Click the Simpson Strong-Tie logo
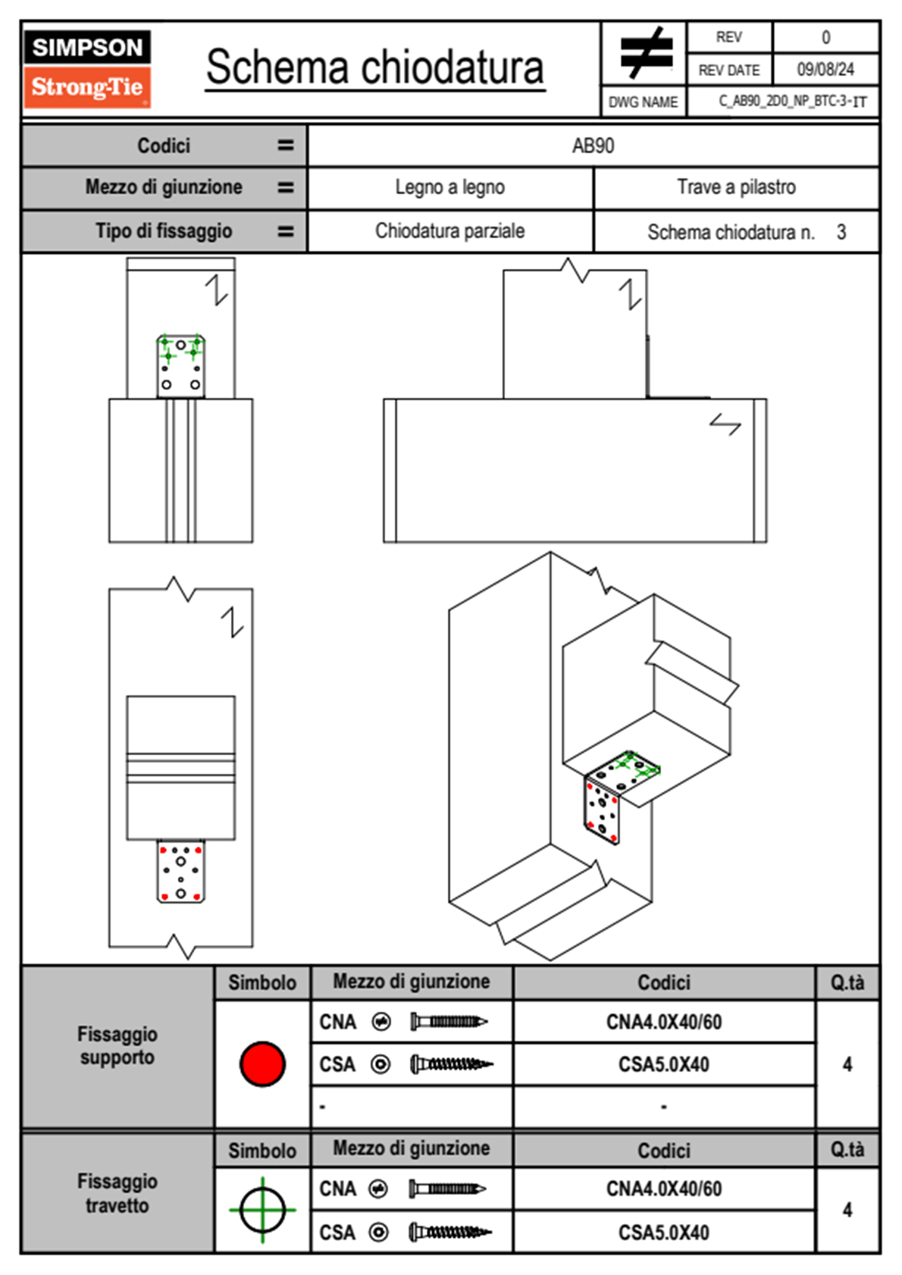(87, 68)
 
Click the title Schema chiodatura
(375, 67)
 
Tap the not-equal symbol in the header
(646, 52)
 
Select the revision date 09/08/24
(825, 70)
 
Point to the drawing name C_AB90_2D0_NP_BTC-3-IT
(793, 102)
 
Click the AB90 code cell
(593, 146)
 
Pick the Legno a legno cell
(450, 186)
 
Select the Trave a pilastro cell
(737, 186)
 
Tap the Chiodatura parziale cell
(450, 230)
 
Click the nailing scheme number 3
(841, 232)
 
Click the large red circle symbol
(262, 1064)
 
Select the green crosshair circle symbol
(262, 1210)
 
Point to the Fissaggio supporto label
(117, 1045)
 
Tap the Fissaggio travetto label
(117, 1193)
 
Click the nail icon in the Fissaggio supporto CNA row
(449, 1022)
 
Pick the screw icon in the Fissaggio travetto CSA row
(450, 1233)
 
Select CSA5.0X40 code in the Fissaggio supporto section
(663, 1064)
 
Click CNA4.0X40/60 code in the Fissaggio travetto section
(663, 1189)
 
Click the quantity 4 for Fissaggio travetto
(847, 1210)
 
